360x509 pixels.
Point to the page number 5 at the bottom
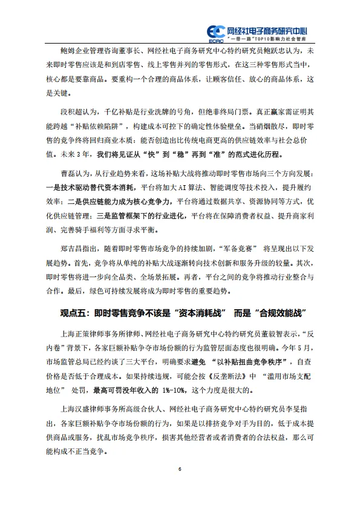pyautogui.click(x=180, y=470)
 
